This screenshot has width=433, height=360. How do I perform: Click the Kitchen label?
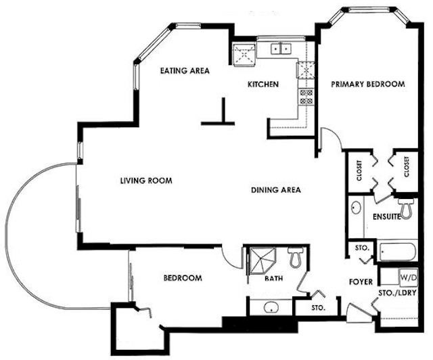pyautogui.click(x=263, y=84)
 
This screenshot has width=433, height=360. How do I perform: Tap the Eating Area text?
pyautogui.click(x=185, y=71)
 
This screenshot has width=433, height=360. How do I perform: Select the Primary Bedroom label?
pyautogui.click(x=368, y=84)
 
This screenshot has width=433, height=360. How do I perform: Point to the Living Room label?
pyautogui.click(x=146, y=181)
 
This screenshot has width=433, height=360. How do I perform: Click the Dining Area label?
pyautogui.click(x=276, y=189)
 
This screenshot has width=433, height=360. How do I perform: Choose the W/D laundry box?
pyautogui.click(x=408, y=277)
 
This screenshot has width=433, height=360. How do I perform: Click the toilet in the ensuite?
pyautogui.click(x=406, y=208)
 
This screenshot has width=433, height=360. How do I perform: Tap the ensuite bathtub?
pyautogui.click(x=397, y=252)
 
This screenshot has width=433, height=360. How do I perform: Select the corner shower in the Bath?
pyautogui.click(x=263, y=261)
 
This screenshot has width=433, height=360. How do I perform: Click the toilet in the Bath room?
pyautogui.click(x=295, y=257)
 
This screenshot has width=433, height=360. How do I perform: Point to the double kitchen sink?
pyautogui.click(x=281, y=49)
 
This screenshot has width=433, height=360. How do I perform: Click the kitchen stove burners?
pyautogui.click(x=306, y=97)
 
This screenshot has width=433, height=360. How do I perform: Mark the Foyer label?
pyautogui.click(x=361, y=282)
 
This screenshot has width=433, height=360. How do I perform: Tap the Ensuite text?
pyautogui.click(x=386, y=217)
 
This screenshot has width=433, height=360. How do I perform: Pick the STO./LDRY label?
pyautogui.click(x=397, y=293)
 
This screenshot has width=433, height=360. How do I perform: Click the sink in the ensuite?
pyautogui.click(x=357, y=208)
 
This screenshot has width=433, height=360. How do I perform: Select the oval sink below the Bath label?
pyautogui.click(x=271, y=307)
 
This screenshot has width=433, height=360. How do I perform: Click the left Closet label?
pyautogui.click(x=359, y=171)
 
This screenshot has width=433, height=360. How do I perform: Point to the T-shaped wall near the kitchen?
pyautogui.click(x=218, y=112)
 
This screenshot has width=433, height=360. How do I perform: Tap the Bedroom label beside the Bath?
pyautogui.click(x=183, y=277)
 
